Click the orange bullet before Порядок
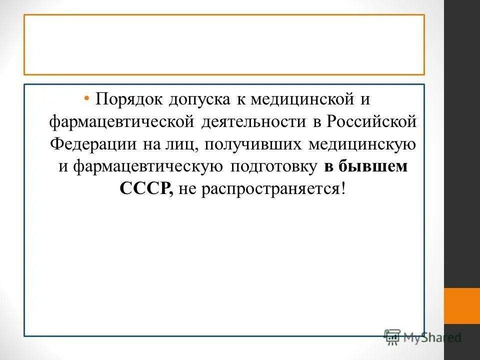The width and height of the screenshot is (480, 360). pyautogui.click(x=87, y=98)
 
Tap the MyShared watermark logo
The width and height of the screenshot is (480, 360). pyautogui.click(x=422, y=337)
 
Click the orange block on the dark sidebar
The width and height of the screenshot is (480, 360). pyautogui.click(x=461, y=305)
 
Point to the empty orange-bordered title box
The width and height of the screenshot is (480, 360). pyautogui.click(x=224, y=44)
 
